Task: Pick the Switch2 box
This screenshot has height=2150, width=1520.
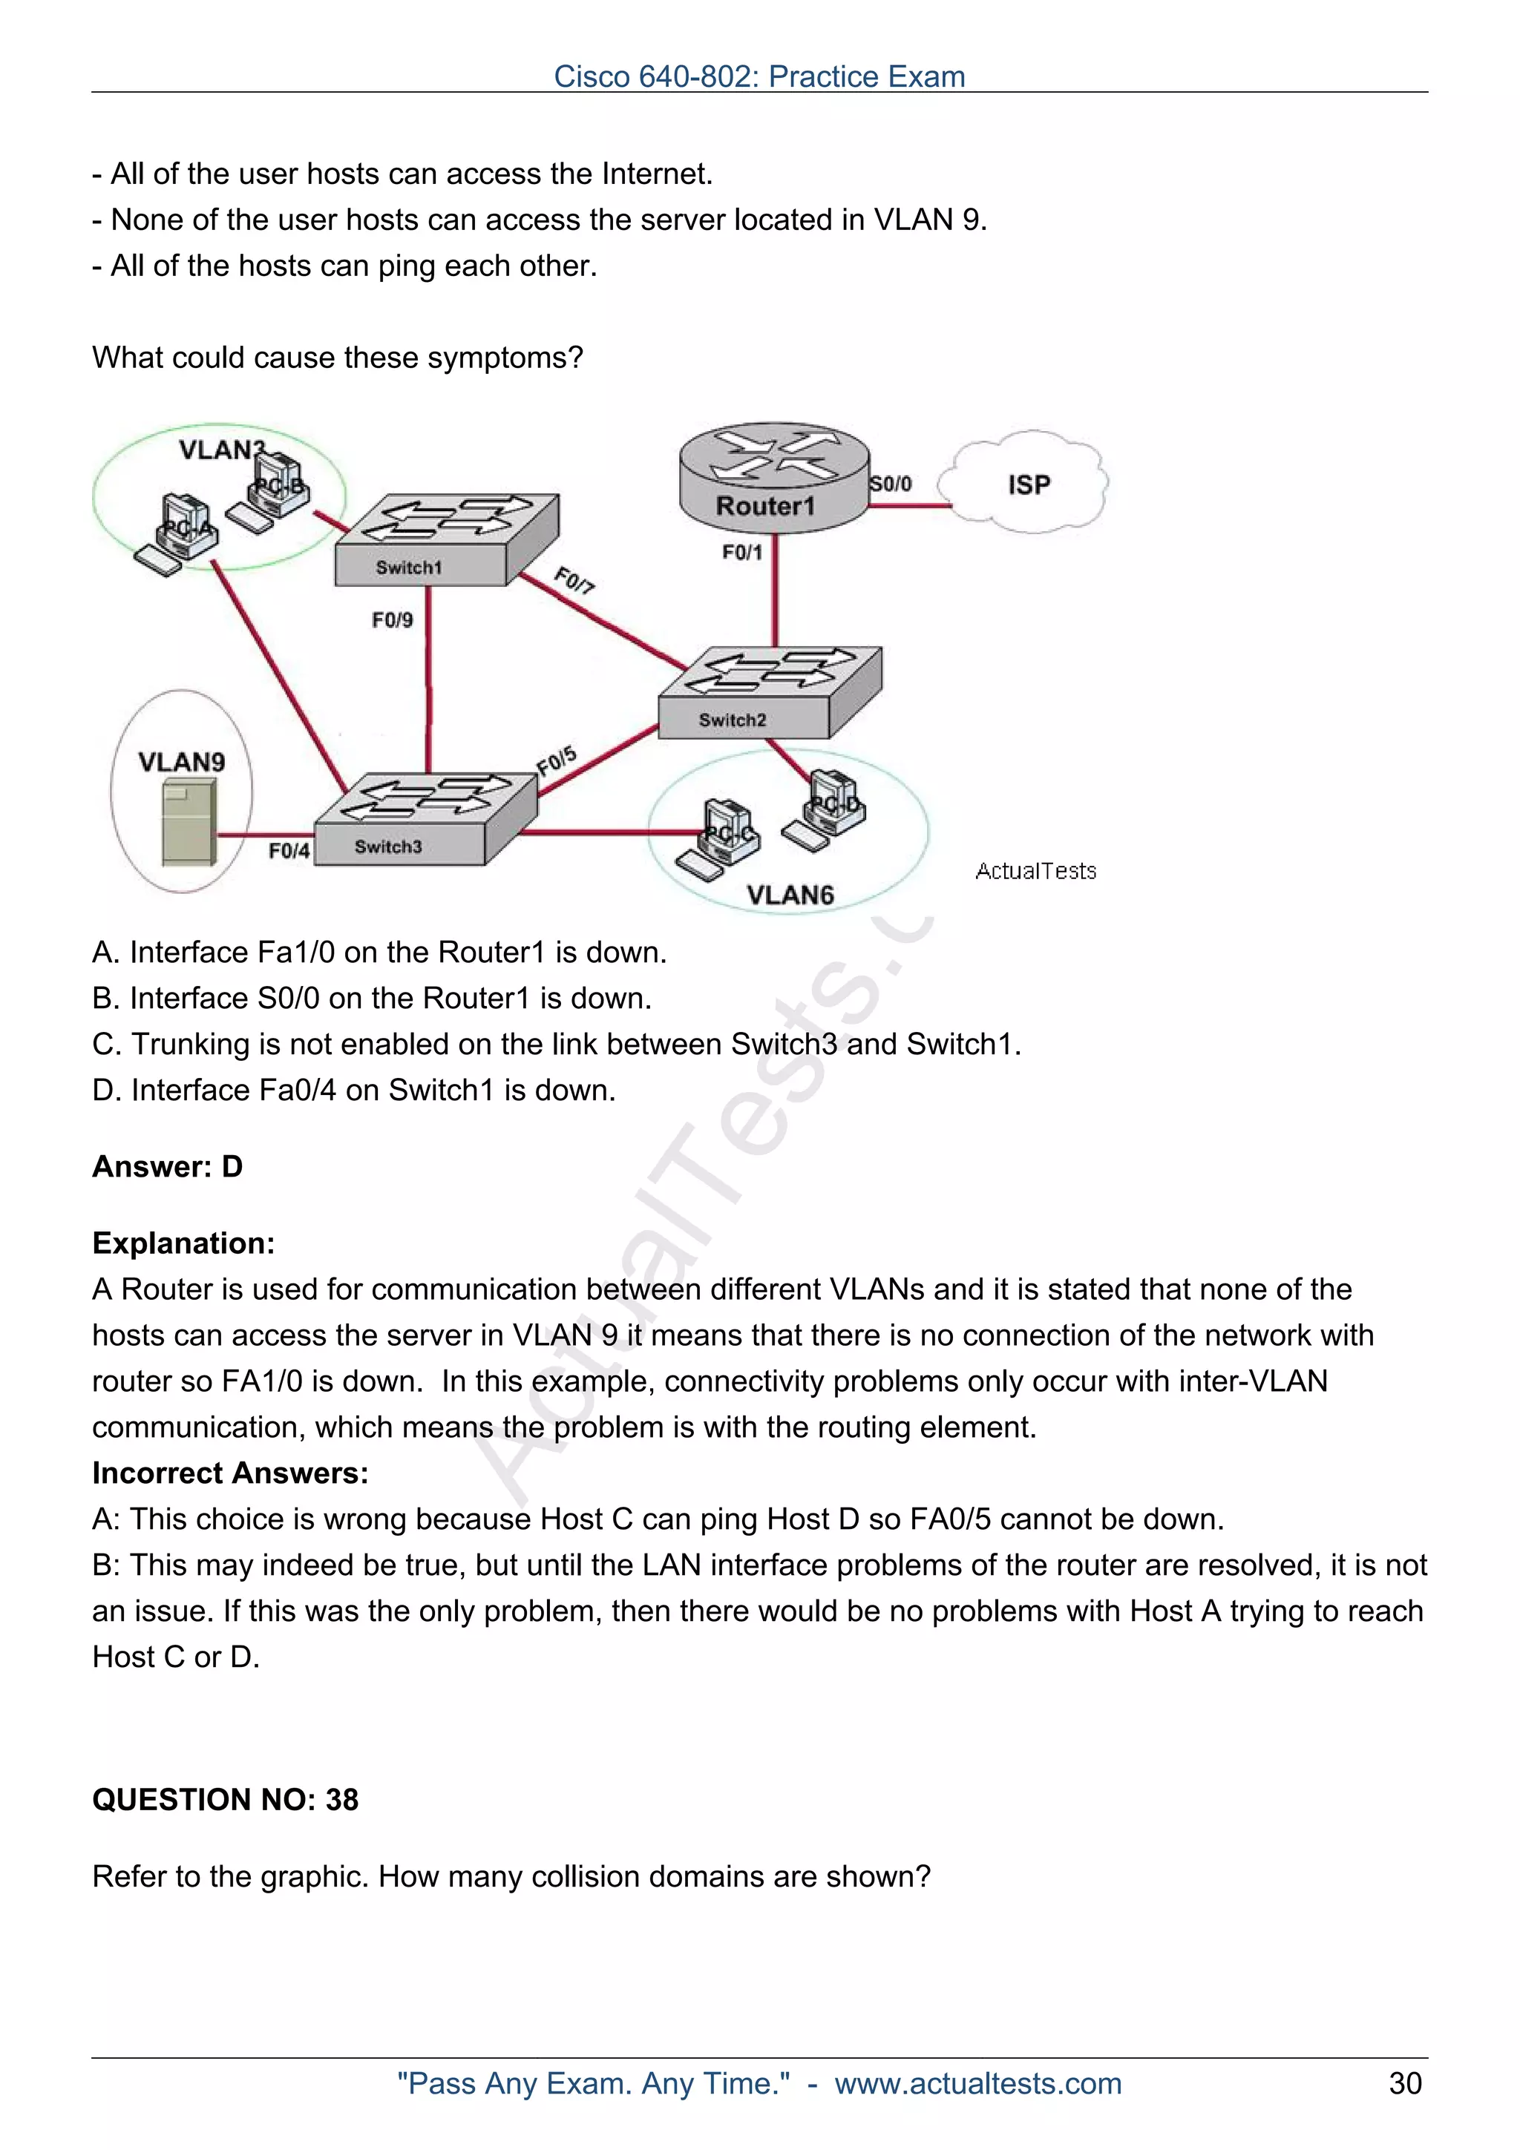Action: coord(769,693)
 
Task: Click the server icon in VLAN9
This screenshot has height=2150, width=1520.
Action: coord(189,823)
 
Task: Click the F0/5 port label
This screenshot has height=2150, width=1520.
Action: coord(557,760)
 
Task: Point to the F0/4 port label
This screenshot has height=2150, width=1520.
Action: coord(289,850)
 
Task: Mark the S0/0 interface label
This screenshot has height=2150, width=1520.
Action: coord(891,483)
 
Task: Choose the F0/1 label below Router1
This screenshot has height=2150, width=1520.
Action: coord(741,553)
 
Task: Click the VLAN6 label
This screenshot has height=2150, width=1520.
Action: coord(790,894)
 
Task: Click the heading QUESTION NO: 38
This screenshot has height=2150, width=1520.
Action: coord(225,1799)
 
